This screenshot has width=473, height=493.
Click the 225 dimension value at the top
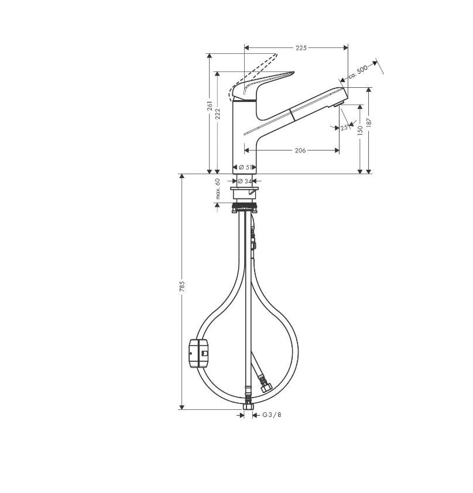pos(301,48)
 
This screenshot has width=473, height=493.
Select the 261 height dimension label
pos(210,106)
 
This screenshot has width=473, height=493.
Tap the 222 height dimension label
pos(218,114)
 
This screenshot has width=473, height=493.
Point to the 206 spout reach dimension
pos(300,150)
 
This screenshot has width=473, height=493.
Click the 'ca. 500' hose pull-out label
pos(358,73)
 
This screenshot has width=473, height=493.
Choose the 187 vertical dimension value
pos(369,122)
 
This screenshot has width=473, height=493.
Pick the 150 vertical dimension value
pos(360,130)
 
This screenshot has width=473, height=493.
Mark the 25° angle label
pos(344,128)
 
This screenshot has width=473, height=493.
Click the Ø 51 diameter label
pos(245,167)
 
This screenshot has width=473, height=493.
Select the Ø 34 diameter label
pos(245,181)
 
